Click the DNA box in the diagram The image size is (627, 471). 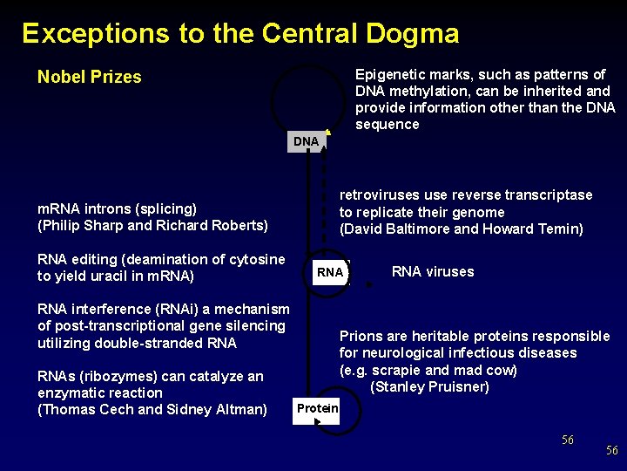coord(306,141)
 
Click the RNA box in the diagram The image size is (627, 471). coord(330,272)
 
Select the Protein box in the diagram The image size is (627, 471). coord(317,408)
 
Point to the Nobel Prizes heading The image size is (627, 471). coord(89,77)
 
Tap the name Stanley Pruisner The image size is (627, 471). coord(429,386)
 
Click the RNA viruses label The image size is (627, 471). coord(433,271)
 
